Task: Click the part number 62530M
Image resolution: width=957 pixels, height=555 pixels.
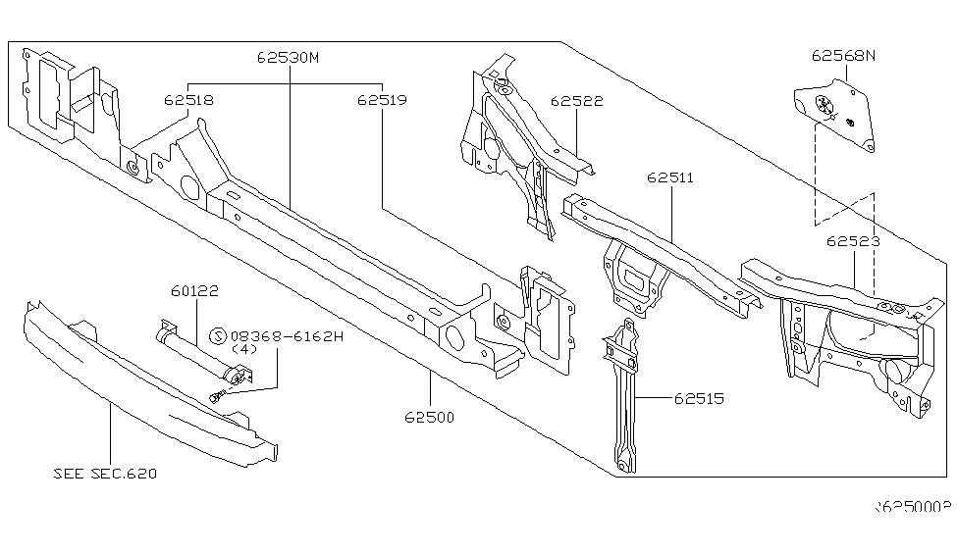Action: [x=289, y=58]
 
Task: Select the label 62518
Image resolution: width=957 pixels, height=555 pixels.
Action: [x=189, y=99]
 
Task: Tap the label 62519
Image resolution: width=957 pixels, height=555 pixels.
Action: [x=383, y=99]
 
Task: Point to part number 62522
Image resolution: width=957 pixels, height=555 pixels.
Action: [x=576, y=101]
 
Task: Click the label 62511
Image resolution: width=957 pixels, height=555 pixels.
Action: [x=670, y=178]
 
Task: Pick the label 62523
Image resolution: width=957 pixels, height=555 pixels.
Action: [x=852, y=240]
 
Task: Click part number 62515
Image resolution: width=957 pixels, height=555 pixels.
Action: [x=700, y=399]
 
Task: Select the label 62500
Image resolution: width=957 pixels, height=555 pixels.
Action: [x=428, y=417]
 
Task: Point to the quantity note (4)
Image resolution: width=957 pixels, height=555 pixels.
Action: [x=244, y=349]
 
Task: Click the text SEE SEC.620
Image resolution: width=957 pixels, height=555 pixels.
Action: [x=106, y=473]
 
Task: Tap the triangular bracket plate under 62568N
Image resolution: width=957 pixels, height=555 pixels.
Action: [x=834, y=116]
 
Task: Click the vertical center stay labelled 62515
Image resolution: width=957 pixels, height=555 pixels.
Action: [x=622, y=397]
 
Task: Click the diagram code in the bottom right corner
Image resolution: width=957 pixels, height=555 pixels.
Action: [x=912, y=510]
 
